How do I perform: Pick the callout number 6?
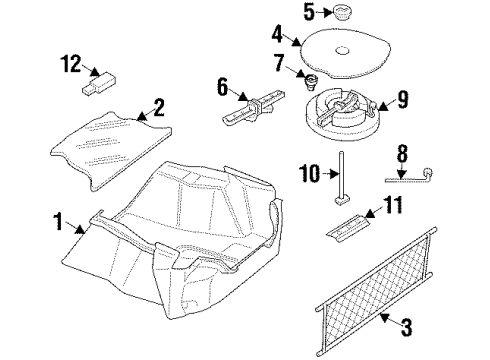(x=222, y=88)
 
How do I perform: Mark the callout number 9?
(x=403, y=99)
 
